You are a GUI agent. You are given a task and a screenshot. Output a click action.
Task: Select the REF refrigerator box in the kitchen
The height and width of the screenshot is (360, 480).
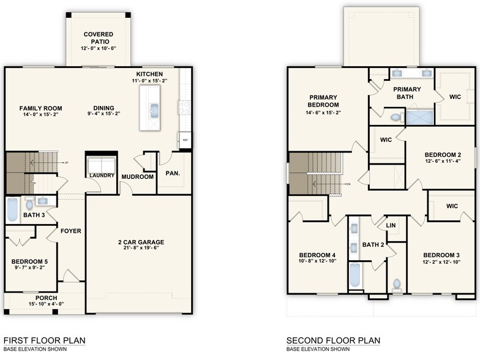(x=184, y=140)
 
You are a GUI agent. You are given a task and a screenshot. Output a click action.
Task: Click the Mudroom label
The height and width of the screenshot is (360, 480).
(x=138, y=176)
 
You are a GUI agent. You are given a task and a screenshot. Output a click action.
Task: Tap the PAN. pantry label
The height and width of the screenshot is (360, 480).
(x=173, y=173)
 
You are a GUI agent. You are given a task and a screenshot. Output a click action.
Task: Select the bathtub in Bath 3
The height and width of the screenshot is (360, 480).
(x=13, y=210)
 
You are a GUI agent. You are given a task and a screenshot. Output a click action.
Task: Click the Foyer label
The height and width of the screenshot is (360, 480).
(x=71, y=231)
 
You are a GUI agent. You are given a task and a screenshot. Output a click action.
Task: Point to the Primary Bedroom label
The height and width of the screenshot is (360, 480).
(x=324, y=101)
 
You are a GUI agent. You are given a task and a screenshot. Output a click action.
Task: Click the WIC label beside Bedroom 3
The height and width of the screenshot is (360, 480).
(x=452, y=206)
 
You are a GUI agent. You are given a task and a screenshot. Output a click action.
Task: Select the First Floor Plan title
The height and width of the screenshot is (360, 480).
(x=44, y=340)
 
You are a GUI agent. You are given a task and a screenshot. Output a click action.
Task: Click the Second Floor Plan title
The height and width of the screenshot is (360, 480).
(x=333, y=340)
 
